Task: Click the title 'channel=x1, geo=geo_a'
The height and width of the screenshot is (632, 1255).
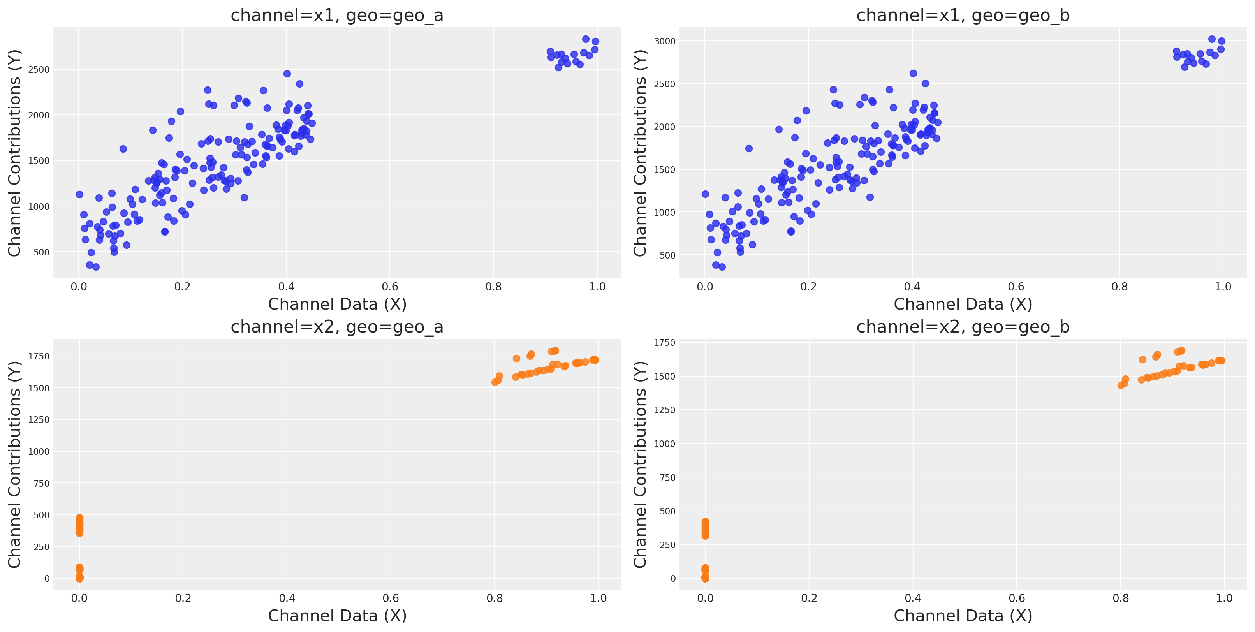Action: click(x=337, y=16)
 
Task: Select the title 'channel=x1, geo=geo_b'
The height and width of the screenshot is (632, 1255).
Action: click(x=963, y=16)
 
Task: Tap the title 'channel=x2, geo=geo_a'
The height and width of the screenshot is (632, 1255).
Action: click(x=337, y=327)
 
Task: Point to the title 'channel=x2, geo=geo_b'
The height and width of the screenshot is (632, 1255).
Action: click(x=963, y=327)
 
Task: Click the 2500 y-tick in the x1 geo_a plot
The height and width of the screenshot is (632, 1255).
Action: click(x=39, y=70)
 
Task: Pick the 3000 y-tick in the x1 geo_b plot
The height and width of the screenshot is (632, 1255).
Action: click(x=665, y=41)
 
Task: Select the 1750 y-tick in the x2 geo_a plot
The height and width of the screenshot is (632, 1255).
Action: click(x=39, y=356)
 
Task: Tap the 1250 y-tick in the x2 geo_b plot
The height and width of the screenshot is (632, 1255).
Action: click(x=665, y=410)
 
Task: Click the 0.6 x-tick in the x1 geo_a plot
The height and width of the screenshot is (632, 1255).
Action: click(x=390, y=287)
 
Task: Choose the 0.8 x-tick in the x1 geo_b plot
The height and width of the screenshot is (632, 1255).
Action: click(x=1119, y=287)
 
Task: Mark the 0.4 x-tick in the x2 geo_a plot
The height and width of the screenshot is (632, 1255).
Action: click(x=287, y=599)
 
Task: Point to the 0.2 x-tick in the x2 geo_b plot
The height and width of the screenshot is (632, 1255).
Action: click(x=809, y=599)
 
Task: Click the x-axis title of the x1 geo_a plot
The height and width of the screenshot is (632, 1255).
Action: click(x=337, y=305)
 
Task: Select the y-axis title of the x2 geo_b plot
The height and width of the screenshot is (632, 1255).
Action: click(x=640, y=465)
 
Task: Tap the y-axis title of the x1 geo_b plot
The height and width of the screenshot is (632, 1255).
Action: click(x=640, y=153)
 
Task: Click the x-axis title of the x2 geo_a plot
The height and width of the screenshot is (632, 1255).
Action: click(x=337, y=616)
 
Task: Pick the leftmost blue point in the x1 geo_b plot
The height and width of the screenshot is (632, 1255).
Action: click(x=705, y=194)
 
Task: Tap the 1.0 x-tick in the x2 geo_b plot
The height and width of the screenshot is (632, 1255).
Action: click(x=1224, y=599)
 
